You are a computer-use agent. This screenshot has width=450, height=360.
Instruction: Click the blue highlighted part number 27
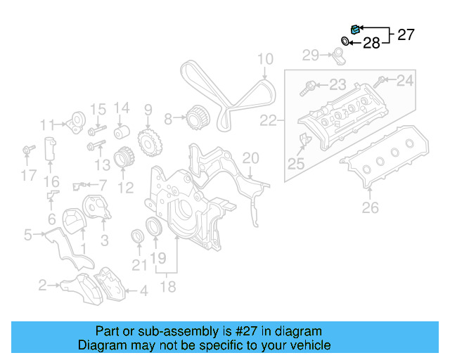coord(356,29)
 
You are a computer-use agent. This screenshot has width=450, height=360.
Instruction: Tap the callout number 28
coord(371,44)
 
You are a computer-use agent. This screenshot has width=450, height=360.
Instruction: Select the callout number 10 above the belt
coord(264,59)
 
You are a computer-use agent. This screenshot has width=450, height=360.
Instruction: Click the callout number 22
coord(268,121)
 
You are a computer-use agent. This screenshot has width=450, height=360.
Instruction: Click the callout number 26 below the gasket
coord(370,207)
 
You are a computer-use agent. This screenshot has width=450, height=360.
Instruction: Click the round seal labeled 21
coord(138,237)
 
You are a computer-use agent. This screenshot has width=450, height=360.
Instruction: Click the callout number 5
coord(27,235)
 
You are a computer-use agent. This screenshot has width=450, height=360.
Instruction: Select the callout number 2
coord(42,285)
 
